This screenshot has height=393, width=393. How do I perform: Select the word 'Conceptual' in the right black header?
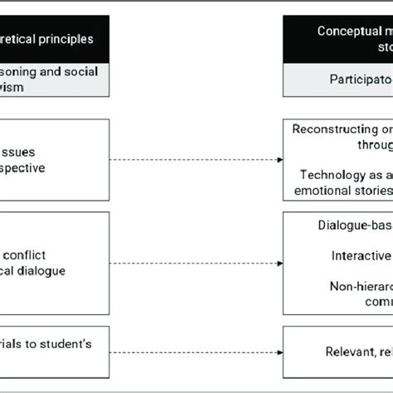pyautogui.click(x=346, y=32)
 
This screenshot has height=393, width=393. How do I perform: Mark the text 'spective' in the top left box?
pyautogui.click(x=24, y=167)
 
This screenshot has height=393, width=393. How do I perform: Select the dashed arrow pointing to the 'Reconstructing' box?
pyautogui.click(x=196, y=159)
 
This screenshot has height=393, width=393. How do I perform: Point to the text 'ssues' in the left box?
pyautogui.click(x=23, y=153)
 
